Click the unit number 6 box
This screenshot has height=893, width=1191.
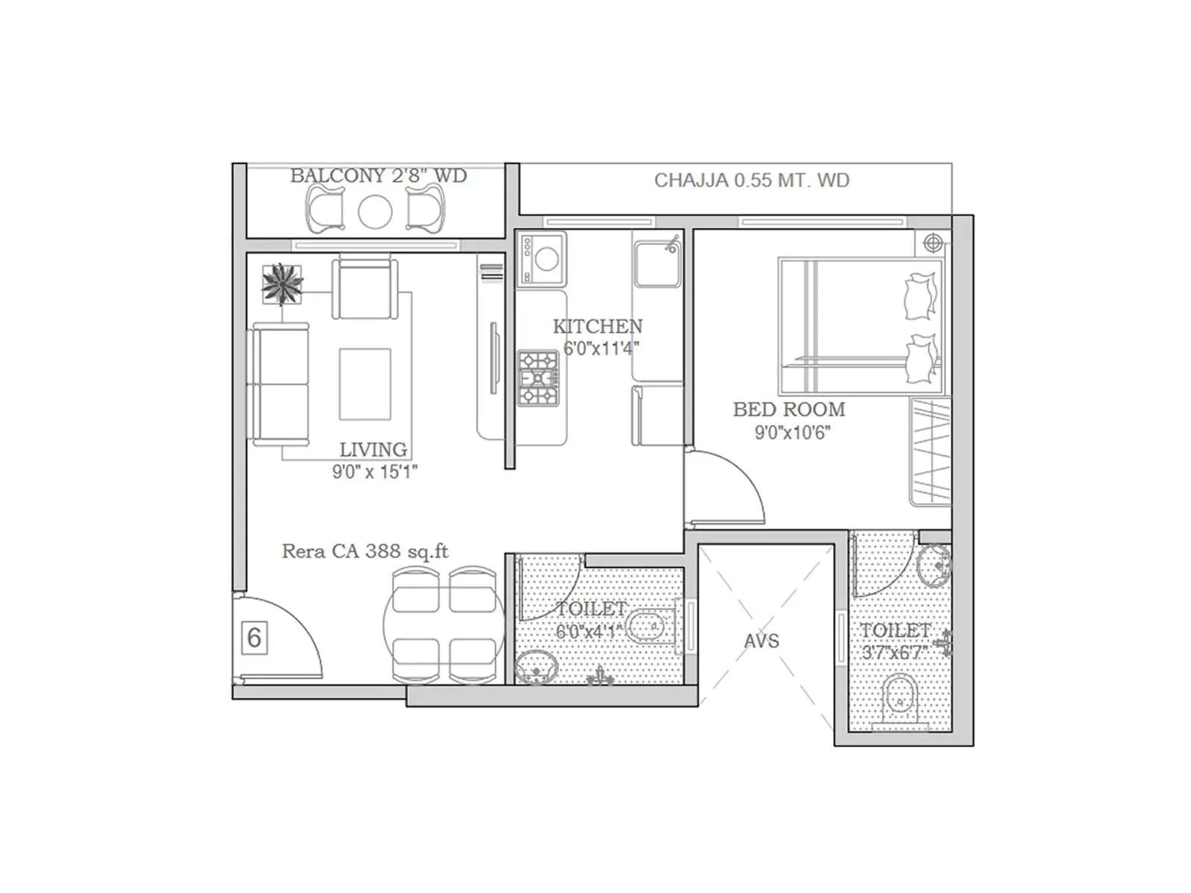coord(254,638)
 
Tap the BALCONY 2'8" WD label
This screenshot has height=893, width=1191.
coord(378,176)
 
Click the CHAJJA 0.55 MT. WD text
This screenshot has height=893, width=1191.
coord(751,180)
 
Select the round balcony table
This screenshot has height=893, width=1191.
coord(375,211)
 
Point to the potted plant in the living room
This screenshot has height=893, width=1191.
coord(282,284)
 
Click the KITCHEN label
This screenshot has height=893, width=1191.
coord(597,326)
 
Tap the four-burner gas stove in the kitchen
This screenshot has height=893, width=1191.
coord(537,378)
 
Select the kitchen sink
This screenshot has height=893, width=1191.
coord(657,262)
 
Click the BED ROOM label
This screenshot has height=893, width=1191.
coord(789,409)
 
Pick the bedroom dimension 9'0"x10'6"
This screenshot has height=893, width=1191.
coord(792,432)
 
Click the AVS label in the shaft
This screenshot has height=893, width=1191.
coord(761,641)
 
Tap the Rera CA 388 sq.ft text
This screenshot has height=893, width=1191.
coord(365,551)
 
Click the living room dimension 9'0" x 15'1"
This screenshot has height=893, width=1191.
coord(374,471)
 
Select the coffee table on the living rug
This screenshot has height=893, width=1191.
coord(365,384)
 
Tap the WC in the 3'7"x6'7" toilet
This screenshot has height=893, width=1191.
coord(899,700)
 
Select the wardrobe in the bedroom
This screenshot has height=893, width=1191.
coord(930,452)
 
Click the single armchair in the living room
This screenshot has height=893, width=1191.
coord(363,289)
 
